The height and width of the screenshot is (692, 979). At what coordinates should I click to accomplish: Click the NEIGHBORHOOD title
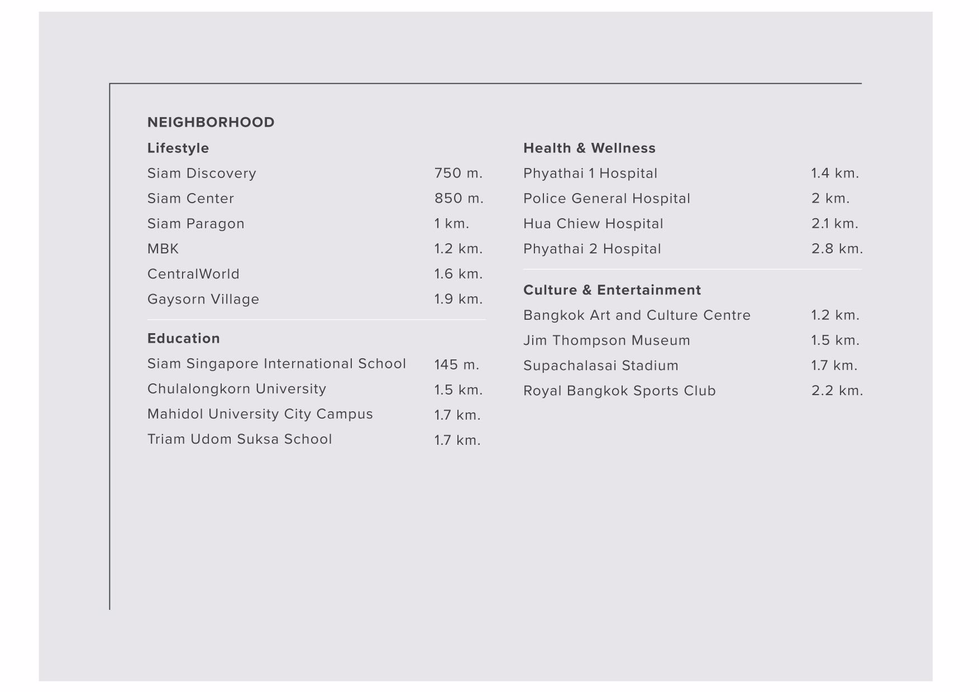211,122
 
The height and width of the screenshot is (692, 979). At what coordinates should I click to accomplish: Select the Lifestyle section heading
178,148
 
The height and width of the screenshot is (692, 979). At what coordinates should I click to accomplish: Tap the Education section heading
183,338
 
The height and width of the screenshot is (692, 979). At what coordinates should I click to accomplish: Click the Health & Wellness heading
589,148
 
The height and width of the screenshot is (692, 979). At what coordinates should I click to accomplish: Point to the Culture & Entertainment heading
612,290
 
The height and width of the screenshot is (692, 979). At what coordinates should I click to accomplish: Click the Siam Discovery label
202,173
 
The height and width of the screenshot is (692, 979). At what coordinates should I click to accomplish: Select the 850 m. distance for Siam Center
459,198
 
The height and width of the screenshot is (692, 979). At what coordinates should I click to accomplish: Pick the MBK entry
163,248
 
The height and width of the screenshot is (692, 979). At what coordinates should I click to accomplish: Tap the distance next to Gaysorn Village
458,299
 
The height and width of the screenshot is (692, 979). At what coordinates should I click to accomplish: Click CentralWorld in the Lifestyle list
193,274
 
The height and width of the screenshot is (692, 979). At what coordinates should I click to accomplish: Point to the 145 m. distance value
456,364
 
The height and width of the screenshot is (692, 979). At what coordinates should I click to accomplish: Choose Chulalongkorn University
237,389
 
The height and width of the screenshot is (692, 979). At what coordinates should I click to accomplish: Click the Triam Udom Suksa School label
240,439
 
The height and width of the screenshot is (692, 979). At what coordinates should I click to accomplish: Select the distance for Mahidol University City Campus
457,415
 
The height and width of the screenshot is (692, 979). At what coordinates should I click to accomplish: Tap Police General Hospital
606,198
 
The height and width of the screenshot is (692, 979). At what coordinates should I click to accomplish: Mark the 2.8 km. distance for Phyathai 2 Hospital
837,248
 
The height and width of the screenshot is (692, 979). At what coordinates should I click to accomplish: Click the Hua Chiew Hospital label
593,223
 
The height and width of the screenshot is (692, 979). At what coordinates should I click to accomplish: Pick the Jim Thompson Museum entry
606,340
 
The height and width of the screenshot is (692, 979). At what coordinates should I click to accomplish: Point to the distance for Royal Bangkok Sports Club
837,391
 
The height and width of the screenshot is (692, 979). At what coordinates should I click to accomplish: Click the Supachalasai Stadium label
600,366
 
